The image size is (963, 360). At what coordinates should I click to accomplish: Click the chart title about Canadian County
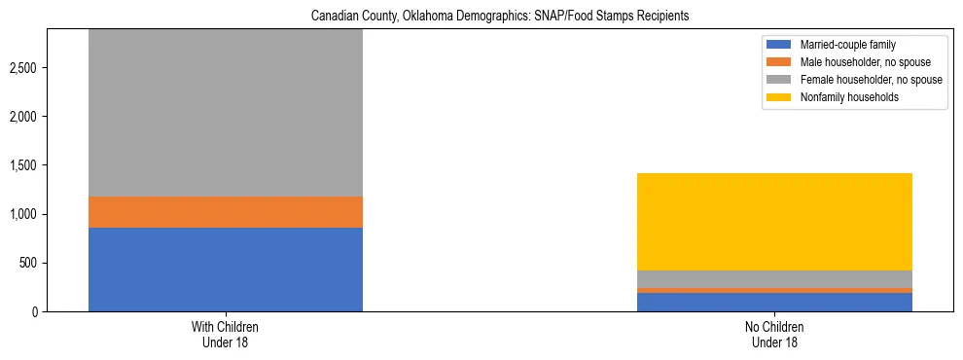pyautogui.click(x=499, y=17)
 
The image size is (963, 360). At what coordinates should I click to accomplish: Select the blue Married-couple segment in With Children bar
pyautogui.click(x=225, y=270)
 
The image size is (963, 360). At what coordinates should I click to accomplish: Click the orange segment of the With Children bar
pyautogui.click(x=225, y=212)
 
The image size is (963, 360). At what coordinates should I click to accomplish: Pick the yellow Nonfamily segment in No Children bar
pyautogui.click(x=774, y=222)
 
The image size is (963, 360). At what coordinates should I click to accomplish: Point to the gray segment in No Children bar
pyautogui.click(x=774, y=279)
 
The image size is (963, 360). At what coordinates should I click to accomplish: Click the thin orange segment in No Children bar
pyautogui.click(x=774, y=290)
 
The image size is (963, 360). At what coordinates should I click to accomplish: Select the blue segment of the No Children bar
pyautogui.click(x=774, y=302)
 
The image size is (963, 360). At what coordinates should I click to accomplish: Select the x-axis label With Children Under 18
pyautogui.click(x=225, y=334)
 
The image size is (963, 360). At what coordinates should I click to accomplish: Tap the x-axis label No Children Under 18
pyautogui.click(x=774, y=334)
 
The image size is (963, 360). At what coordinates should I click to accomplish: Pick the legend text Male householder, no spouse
pyautogui.click(x=856, y=62)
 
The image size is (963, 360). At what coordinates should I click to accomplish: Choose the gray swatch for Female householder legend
pyautogui.click(x=778, y=80)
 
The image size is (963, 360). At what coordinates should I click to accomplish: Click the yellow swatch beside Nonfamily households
pyautogui.click(x=778, y=97)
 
